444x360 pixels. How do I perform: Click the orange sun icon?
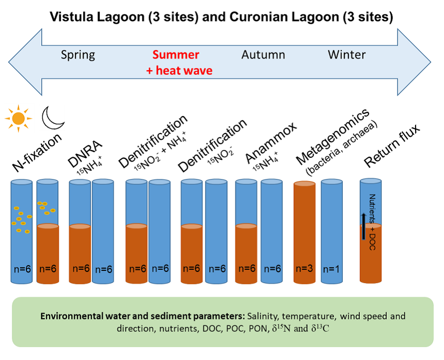[19, 119]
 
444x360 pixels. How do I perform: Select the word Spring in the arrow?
[78, 55]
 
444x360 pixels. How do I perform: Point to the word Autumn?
[263, 55]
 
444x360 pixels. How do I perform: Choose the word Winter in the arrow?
[347, 55]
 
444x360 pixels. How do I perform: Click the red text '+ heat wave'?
[179, 71]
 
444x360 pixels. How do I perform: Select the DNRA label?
[80, 147]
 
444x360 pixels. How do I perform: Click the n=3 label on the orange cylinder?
[305, 269]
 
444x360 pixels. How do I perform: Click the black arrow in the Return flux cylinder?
[363, 226]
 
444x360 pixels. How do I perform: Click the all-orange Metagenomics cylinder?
[305, 232]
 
